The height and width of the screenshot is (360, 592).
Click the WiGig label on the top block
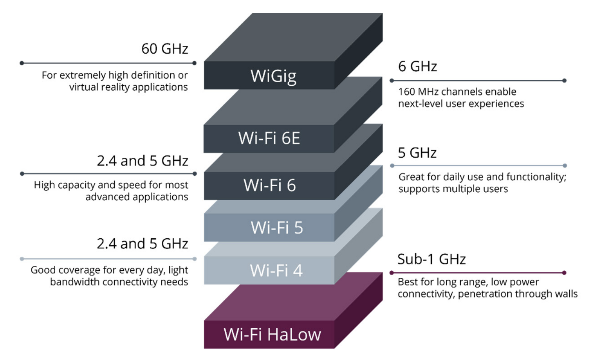273,76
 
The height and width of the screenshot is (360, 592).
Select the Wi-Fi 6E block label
269,138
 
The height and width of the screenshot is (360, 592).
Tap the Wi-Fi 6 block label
269,185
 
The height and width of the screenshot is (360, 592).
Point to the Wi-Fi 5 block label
277,227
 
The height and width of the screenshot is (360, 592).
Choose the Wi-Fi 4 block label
276,270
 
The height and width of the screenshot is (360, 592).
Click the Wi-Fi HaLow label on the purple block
272,335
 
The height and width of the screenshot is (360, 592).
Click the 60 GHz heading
164,49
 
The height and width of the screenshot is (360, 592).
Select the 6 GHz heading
417,67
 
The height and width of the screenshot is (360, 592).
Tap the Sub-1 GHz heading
431,259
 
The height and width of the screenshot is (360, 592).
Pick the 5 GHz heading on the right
417,153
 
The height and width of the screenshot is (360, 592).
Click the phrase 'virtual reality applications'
128,87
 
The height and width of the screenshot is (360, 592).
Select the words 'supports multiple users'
453,189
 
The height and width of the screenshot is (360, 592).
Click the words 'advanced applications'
137,197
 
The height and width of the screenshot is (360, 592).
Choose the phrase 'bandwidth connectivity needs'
119,282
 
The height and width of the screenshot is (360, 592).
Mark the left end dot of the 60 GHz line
22,63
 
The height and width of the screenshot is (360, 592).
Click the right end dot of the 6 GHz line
564,81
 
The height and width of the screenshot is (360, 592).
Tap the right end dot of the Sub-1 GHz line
564,273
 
